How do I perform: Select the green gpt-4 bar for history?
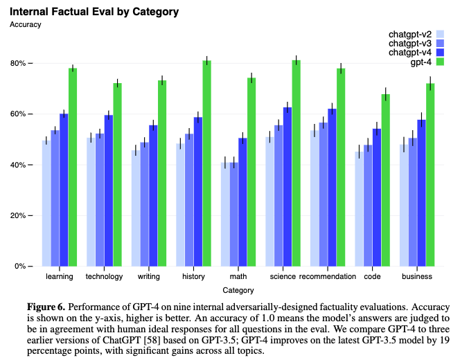tap(206, 163)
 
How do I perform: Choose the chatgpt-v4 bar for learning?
tap(64, 190)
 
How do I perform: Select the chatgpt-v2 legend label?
tap(411, 33)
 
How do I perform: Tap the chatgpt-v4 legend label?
tap(411, 53)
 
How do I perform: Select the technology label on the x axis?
tap(104, 277)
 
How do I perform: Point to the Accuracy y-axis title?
tap(26, 24)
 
